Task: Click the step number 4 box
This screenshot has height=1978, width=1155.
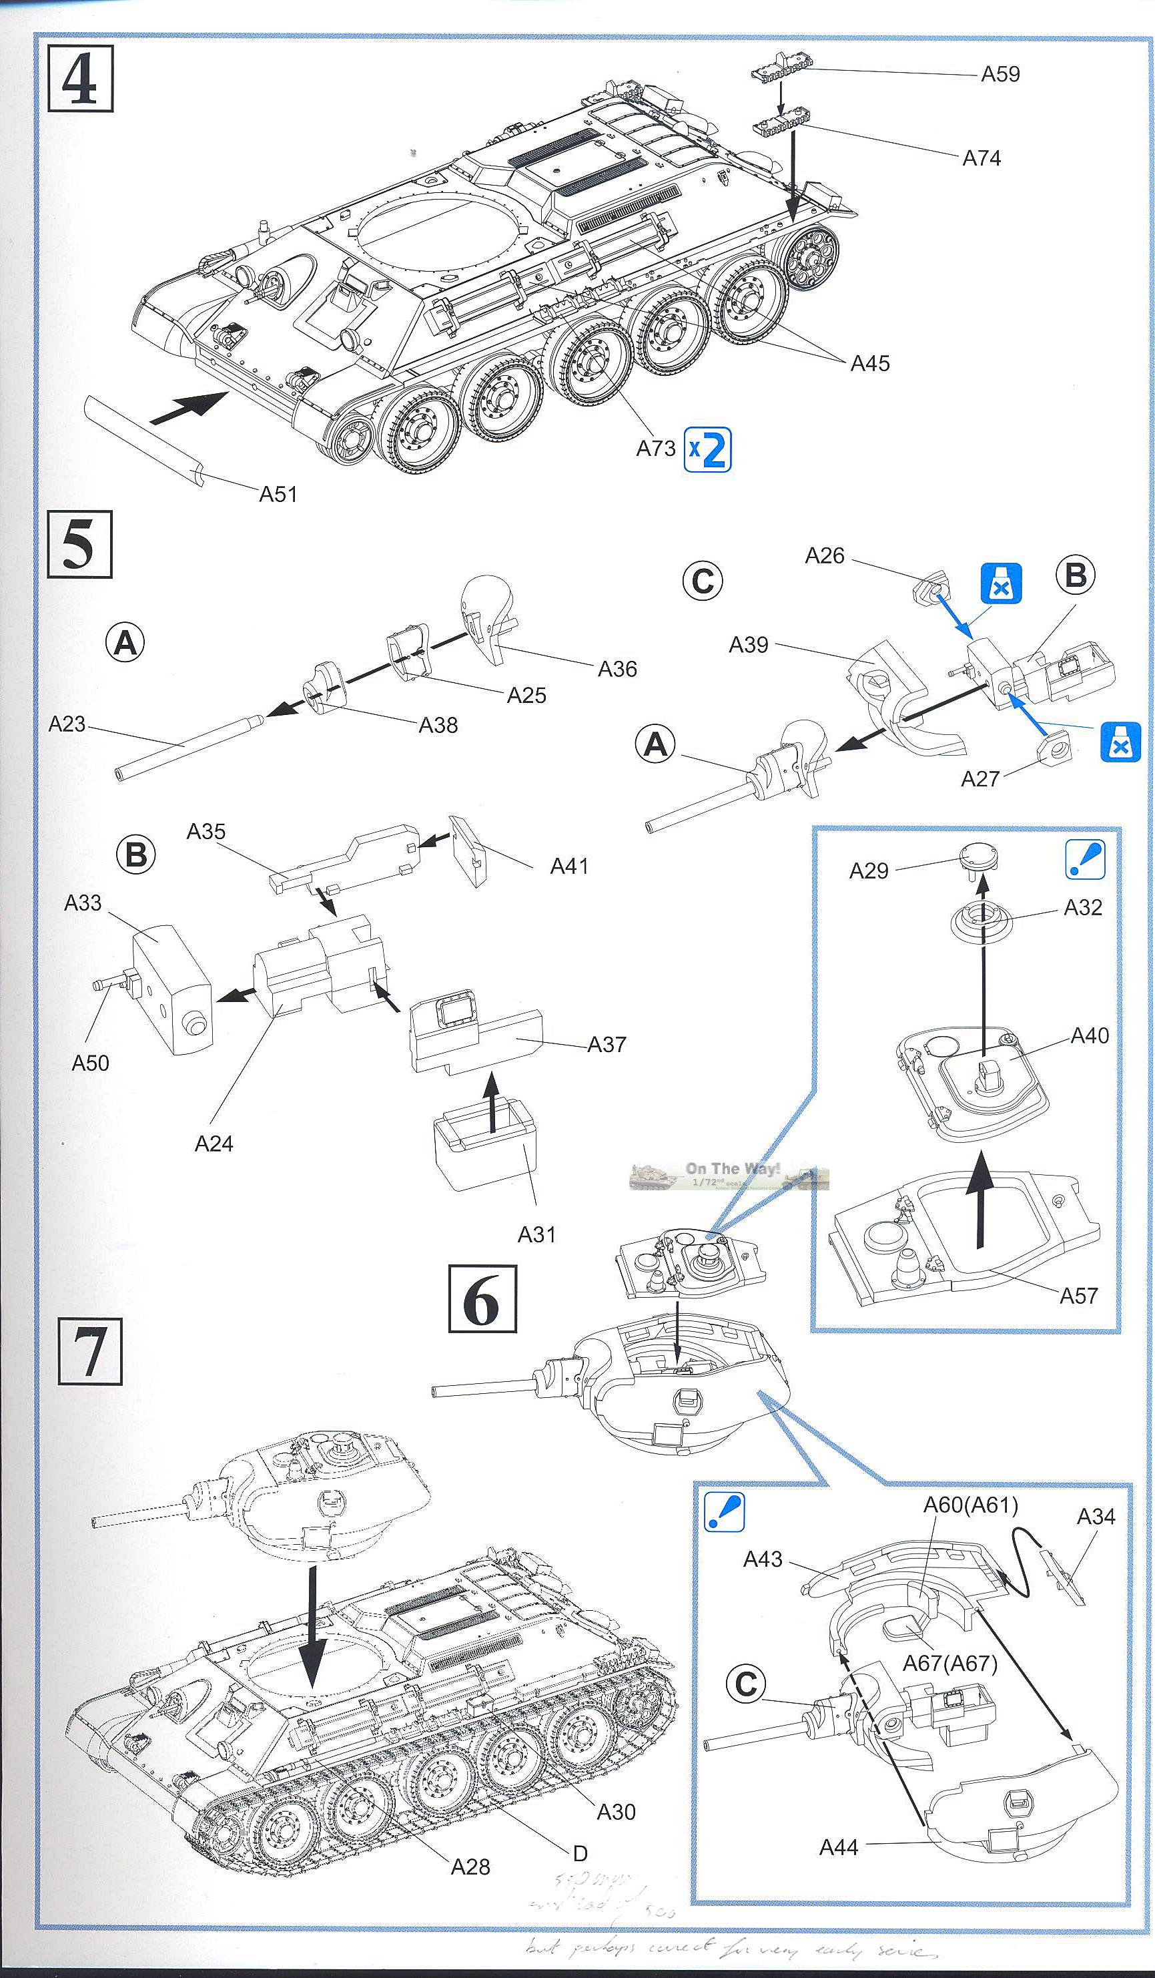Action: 80,79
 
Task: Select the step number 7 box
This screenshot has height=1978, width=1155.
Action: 89,1351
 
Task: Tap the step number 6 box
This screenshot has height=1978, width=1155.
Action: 482,1298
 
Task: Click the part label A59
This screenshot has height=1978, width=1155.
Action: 1000,75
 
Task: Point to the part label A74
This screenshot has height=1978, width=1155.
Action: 982,159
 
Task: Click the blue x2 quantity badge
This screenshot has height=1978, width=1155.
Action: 707,450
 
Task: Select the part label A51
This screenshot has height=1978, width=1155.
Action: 278,495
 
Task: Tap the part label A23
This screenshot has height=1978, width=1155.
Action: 67,724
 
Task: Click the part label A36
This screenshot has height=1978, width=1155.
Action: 617,669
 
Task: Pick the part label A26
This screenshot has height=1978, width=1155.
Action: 824,555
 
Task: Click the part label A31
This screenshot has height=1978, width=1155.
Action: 536,1235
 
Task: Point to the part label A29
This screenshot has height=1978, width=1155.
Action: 869,871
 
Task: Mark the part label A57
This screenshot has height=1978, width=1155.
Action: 1078,1296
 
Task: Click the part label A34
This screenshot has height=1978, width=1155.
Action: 1096,1517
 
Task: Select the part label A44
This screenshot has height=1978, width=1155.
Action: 838,1848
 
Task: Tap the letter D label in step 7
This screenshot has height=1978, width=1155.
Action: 580,1854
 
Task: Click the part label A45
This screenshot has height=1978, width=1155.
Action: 870,363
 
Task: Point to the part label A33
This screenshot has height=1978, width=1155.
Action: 82,903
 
